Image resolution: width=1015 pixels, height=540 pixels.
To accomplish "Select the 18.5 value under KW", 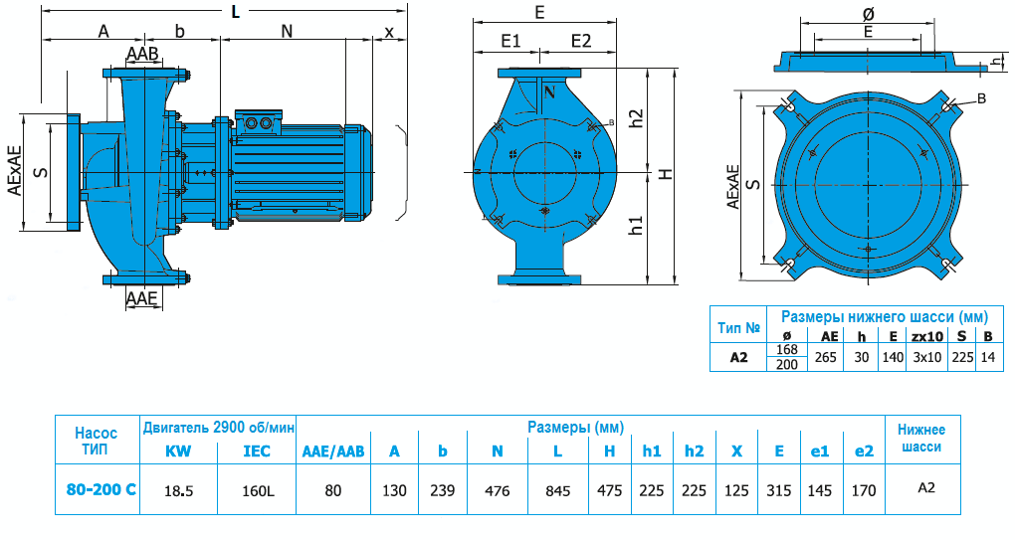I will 178,489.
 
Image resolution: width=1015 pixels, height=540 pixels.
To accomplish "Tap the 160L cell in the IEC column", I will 257,489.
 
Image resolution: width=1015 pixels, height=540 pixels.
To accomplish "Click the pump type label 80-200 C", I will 97,489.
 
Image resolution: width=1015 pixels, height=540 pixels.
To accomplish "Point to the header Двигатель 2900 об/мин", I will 219,428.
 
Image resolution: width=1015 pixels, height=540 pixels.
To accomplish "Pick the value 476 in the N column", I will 497,489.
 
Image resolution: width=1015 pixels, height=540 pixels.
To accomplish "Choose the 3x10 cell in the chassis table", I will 926,357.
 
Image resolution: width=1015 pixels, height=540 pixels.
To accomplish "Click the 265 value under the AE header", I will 825,357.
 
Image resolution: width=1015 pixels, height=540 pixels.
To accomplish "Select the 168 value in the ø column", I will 786,349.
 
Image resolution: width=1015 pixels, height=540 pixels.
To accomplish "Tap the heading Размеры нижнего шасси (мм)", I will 883,316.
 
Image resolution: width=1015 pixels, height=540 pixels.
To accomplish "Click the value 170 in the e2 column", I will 864,489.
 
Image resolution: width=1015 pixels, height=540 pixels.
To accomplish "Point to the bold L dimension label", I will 235,12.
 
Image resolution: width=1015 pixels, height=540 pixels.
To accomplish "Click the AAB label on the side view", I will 142,53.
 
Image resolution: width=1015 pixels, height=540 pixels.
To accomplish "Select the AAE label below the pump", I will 141,297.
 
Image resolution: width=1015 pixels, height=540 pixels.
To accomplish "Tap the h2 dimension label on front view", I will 637,119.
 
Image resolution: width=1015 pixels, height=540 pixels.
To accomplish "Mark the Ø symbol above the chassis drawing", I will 867,14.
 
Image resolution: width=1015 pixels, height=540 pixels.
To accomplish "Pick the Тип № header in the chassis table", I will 738,327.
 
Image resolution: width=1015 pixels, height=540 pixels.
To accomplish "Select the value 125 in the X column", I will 736,489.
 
